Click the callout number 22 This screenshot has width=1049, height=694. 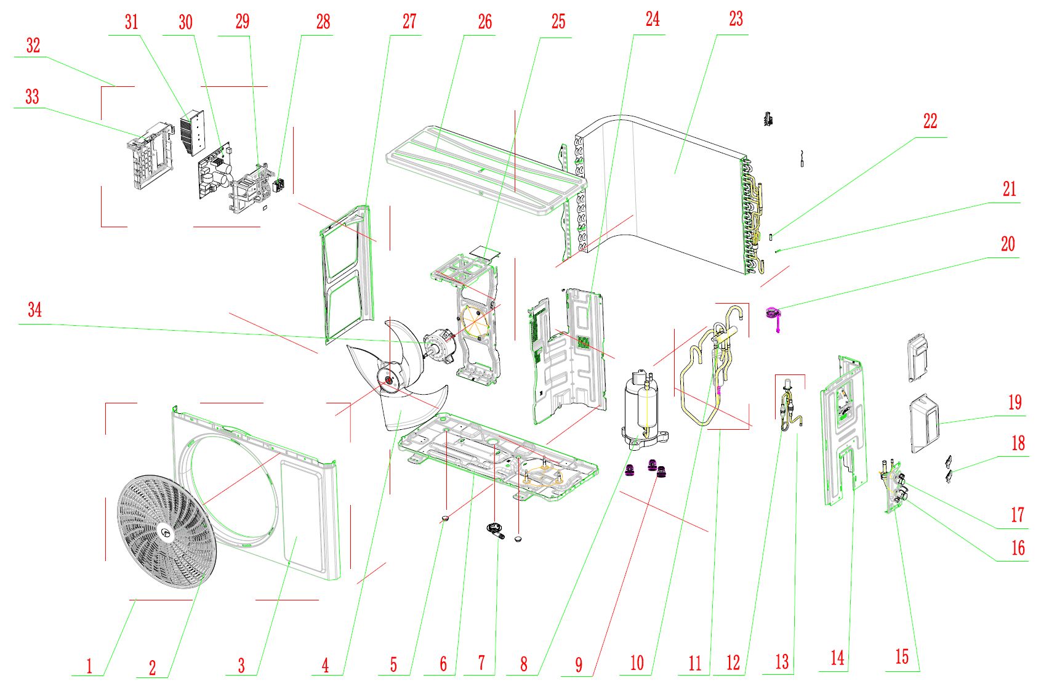(930, 121)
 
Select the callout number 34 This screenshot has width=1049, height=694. (34, 309)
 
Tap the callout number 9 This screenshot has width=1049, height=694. (579, 664)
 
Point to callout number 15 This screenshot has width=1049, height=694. (901, 656)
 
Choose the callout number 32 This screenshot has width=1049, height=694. (33, 45)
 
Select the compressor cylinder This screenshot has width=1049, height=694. (641, 406)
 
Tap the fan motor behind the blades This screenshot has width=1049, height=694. (438, 345)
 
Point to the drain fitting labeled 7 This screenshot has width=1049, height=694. (496, 530)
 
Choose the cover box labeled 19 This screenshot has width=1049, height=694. (925, 424)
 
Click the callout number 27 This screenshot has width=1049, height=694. (409, 22)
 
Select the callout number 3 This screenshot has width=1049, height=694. (241, 665)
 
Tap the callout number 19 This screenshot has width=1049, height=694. (1015, 403)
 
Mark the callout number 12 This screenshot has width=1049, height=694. (733, 663)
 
